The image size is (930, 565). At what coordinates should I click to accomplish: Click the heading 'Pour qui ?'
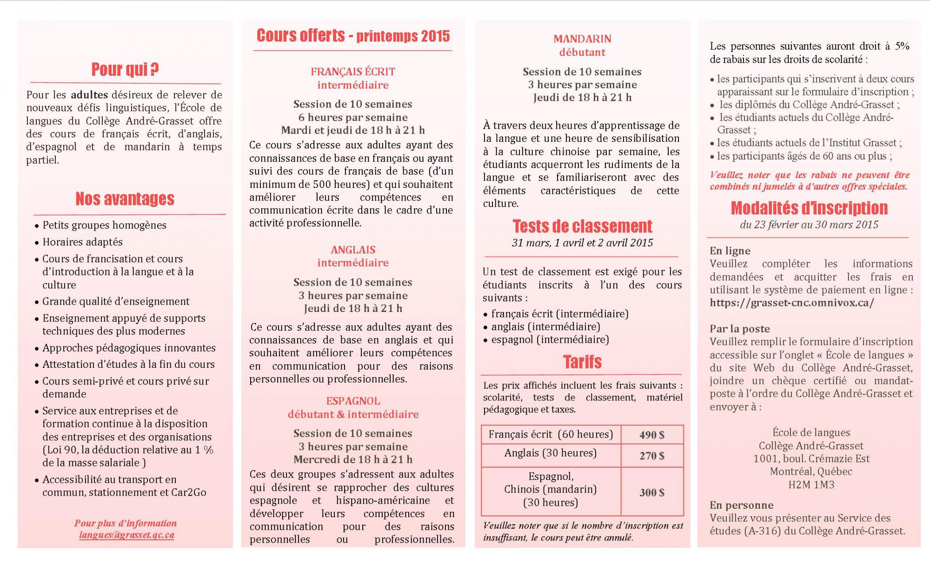125,69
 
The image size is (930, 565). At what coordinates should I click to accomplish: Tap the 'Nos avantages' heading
125,199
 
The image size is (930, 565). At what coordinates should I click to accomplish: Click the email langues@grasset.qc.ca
126,535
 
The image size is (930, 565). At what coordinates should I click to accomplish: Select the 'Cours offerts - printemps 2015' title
353,36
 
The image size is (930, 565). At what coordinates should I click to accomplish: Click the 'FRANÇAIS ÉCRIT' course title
353,72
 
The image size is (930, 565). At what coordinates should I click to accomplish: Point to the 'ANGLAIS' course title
353,250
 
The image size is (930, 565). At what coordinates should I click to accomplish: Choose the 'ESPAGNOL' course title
353,401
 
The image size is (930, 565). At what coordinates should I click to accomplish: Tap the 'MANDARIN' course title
582,39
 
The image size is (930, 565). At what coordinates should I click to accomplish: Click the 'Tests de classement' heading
582,226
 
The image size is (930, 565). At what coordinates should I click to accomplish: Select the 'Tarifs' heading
582,362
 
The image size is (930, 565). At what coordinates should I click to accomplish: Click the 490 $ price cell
652,435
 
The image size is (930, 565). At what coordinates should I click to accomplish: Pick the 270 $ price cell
652,456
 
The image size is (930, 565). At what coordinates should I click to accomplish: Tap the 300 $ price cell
652,492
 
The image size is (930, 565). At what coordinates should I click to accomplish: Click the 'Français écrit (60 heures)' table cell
551,434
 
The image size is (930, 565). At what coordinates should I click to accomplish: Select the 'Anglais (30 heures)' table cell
551,453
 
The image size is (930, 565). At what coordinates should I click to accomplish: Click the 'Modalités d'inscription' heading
809,208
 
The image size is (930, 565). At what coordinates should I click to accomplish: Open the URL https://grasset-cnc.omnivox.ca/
792,303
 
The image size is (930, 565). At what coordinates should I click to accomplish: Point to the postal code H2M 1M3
811,485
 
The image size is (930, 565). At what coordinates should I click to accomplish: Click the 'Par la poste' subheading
740,329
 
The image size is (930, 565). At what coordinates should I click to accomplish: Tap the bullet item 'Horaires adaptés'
83,242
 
